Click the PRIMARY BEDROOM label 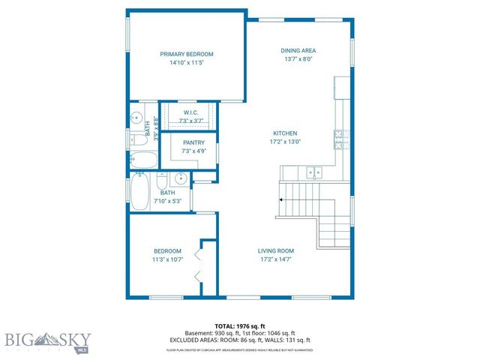(x=187, y=54)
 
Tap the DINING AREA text (x=298, y=49)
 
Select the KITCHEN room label (x=284, y=133)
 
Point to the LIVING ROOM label (x=276, y=250)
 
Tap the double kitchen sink (x=315, y=172)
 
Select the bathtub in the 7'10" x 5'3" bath (x=139, y=191)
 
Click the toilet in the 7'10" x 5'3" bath (x=161, y=183)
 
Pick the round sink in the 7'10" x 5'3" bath (x=180, y=179)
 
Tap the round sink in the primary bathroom (x=136, y=117)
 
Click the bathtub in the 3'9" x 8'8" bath (x=142, y=159)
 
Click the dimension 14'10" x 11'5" (x=187, y=63)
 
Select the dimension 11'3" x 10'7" (x=167, y=259)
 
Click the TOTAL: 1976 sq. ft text (x=240, y=325)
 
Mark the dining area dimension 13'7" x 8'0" (x=298, y=58)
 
